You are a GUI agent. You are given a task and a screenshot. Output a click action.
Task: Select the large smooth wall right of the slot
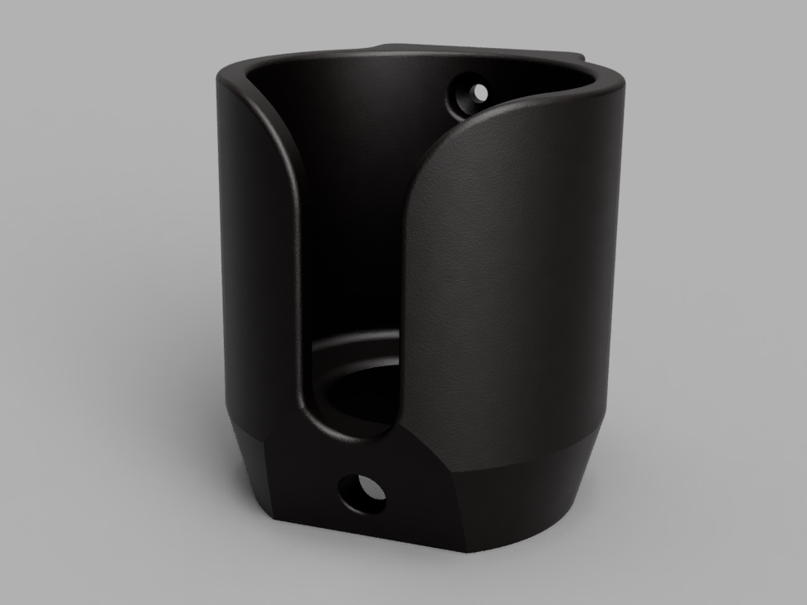coord(514,273)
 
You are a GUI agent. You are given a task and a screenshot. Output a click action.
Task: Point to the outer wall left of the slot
coord(253,249)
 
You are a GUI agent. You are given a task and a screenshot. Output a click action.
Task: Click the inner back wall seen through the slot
coord(352,207)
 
